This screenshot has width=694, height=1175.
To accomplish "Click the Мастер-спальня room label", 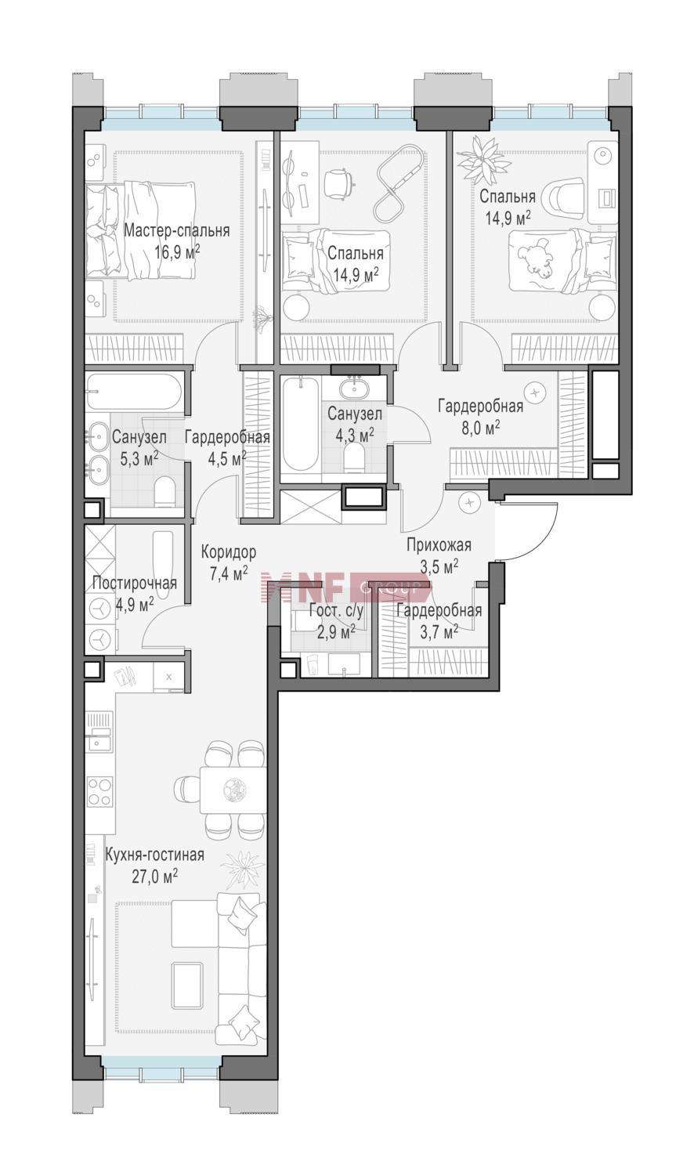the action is pyautogui.click(x=176, y=231).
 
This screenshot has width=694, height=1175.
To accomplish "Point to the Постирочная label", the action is pyautogui.click(x=134, y=584).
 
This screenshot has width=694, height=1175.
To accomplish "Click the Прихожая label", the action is pyautogui.click(x=439, y=545).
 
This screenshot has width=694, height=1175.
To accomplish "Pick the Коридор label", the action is pyautogui.click(x=229, y=551).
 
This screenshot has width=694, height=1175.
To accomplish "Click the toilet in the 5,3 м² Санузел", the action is pyautogui.click(x=165, y=491).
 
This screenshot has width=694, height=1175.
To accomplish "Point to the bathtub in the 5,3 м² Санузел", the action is pyautogui.click(x=135, y=392).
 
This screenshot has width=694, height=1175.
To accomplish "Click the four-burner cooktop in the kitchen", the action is pyautogui.click(x=99, y=791).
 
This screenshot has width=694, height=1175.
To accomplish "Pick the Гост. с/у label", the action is pyautogui.click(x=336, y=610).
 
